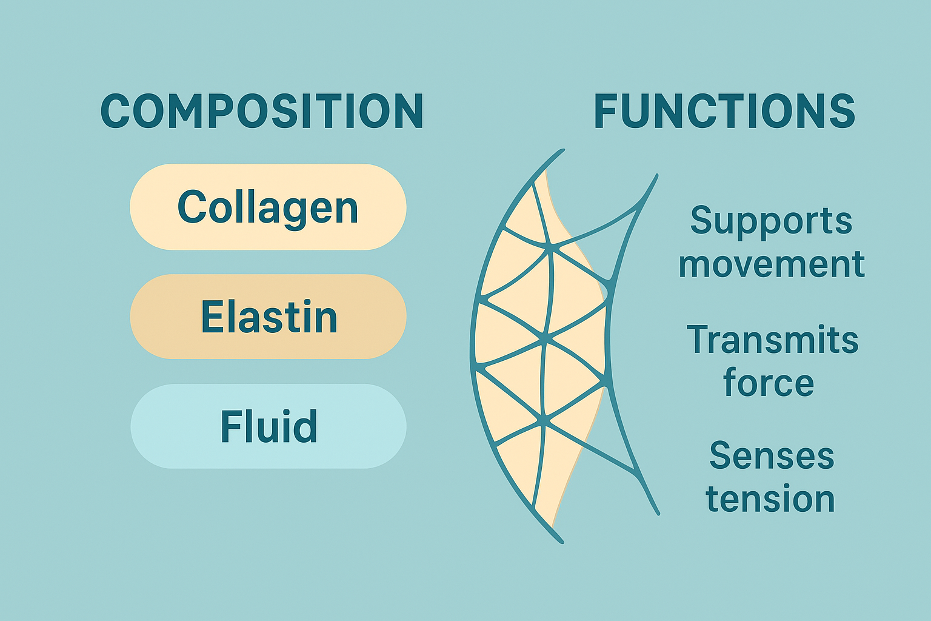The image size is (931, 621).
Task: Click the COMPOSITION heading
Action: pyautogui.click(x=262, y=111)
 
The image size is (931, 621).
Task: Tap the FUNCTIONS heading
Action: pyautogui.click(x=724, y=111)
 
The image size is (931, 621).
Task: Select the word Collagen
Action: pyautogui.click(x=268, y=207)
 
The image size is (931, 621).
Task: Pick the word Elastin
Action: pyautogui.click(x=269, y=317)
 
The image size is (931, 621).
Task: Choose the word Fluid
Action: pyautogui.click(x=269, y=426)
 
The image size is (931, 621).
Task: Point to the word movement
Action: pyautogui.click(x=771, y=264)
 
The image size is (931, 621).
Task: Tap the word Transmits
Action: pyautogui.click(x=772, y=340)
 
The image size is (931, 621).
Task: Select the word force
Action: pyautogui.click(x=769, y=383)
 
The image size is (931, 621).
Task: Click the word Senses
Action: pyautogui.click(x=772, y=455)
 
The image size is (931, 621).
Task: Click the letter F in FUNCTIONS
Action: pyautogui.click(x=606, y=111)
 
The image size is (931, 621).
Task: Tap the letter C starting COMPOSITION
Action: pyautogui.click(x=115, y=111)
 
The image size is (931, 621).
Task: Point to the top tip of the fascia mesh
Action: pyautogui.click(x=562, y=150)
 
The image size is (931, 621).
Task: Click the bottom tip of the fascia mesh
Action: pyautogui.click(x=561, y=541)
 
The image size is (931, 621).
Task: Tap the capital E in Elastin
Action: pyautogui.click(x=210, y=317)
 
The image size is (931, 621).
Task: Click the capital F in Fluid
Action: pyautogui.click(x=230, y=426)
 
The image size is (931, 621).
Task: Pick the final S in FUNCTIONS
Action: pyautogui.click(x=841, y=111)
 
